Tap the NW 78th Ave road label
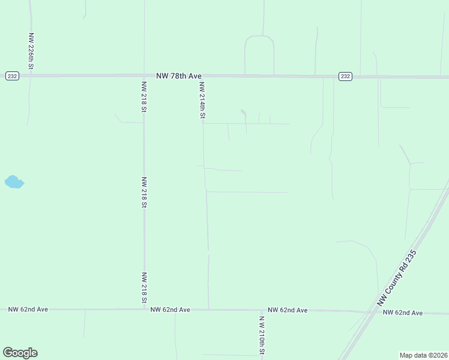(179, 76)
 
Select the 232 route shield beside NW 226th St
(12, 76)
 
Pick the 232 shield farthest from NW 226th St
(345, 76)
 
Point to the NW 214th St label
(202, 100)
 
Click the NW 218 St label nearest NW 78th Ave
(144, 97)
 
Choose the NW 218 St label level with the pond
(144, 192)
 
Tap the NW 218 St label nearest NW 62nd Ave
(144, 287)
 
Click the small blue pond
(13, 182)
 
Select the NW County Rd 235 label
(396, 278)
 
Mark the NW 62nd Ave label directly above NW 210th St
(288, 310)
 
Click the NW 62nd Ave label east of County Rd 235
(402, 313)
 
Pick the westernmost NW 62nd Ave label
(28, 310)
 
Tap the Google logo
(20, 353)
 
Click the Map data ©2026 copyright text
(423, 355)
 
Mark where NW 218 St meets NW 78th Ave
(144, 76)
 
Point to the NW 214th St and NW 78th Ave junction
(201, 76)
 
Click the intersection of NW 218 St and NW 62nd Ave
(144, 310)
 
